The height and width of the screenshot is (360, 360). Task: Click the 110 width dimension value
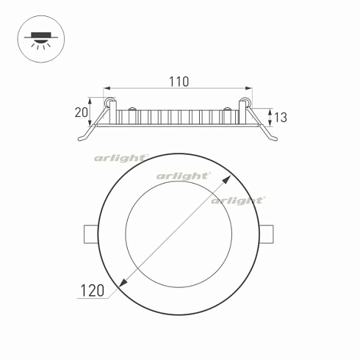[179, 81]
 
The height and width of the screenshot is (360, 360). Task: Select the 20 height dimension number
[81, 112]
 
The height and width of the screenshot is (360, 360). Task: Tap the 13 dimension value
[279, 115]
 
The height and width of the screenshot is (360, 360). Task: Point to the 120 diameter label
[92, 291]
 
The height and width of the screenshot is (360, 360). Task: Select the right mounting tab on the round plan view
[270, 233]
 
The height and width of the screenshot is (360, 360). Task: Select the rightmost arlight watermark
[237, 199]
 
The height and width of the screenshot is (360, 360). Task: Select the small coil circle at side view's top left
[109, 100]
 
